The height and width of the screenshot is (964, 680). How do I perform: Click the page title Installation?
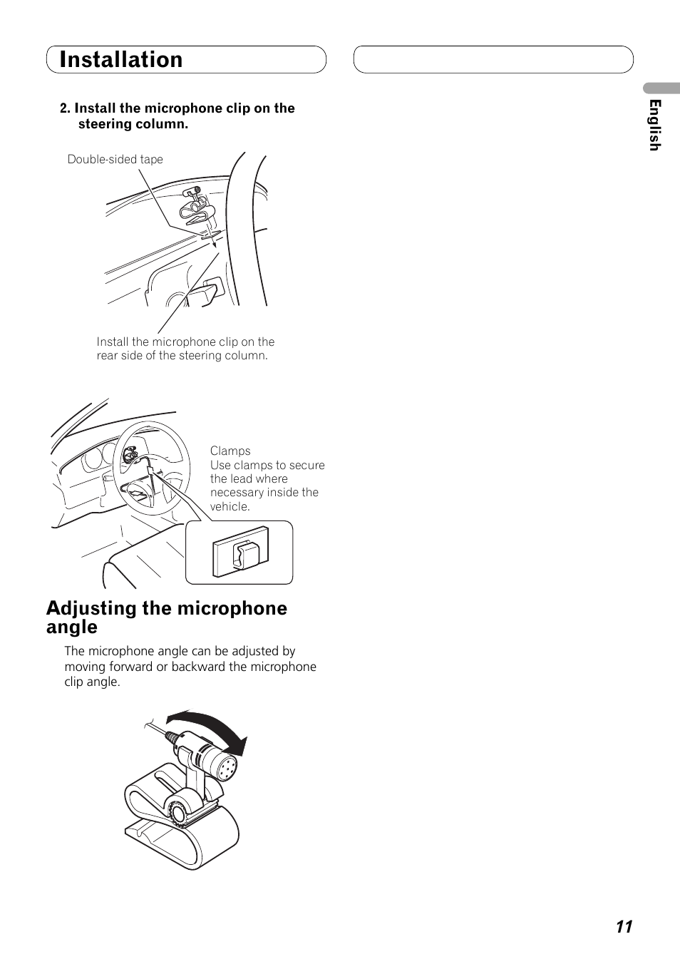121,60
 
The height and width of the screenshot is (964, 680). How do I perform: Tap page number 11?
624,926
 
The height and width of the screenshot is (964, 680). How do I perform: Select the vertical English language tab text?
655,125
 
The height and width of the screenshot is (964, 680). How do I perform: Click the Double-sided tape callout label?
115,159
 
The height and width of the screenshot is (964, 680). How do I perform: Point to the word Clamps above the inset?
230,451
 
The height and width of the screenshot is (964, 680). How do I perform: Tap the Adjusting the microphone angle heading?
167,617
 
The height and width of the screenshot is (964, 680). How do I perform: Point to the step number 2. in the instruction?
66,108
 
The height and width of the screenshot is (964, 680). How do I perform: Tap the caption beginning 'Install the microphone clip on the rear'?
185,349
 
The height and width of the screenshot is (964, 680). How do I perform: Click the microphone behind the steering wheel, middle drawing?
130,453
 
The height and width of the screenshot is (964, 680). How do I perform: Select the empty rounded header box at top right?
493,60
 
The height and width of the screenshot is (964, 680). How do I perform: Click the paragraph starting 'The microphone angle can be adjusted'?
190,667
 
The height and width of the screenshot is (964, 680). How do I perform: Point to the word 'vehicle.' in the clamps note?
230,507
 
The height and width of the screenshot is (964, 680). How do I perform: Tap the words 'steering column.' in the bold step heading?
133,124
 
